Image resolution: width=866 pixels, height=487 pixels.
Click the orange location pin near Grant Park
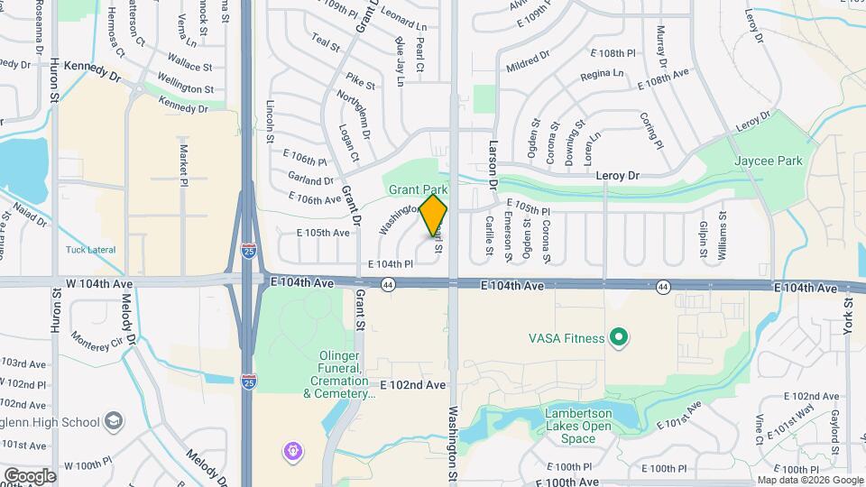click(434, 216)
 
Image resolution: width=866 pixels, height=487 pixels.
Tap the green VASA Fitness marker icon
click(618, 339)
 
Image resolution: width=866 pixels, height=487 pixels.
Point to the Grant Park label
click(418, 190)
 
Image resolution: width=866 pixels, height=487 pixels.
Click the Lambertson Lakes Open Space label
click(582, 427)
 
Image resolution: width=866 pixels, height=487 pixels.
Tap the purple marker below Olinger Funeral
click(292, 450)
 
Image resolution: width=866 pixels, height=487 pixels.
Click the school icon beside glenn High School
click(114, 421)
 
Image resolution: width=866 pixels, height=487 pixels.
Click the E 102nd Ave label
click(412, 384)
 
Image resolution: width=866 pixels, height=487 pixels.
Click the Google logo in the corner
click(29, 475)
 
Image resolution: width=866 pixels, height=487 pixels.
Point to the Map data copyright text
click(809, 480)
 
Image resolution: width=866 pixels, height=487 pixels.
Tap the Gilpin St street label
click(704, 237)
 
